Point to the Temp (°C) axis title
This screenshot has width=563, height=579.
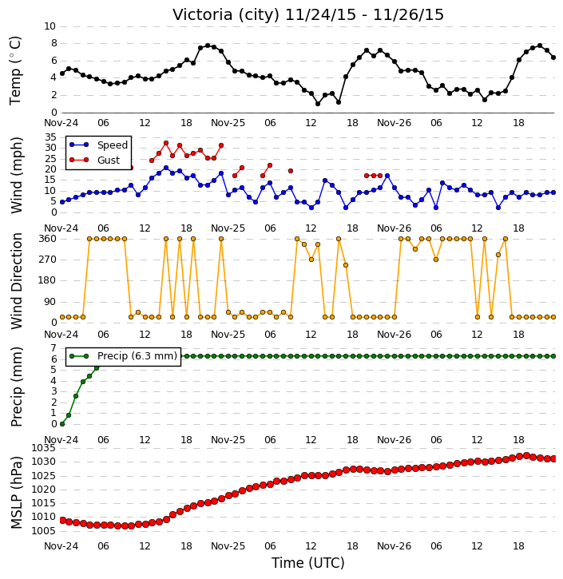pyautogui.click(x=15, y=70)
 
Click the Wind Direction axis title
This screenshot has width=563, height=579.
pyautogui.click(x=16, y=280)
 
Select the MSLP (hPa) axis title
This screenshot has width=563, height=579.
pyautogui.click(x=16, y=493)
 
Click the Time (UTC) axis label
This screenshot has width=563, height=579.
pyautogui.click(x=308, y=563)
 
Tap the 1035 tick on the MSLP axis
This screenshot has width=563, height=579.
pyautogui.click(x=44, y=448)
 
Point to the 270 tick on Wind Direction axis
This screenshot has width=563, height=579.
pyautogui.click(x=48, y=260)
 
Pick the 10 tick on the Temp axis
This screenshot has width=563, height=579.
pyautogui.click(x=50, y=26)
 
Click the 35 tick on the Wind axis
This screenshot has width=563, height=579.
pyautogui.click(x=50, y=137)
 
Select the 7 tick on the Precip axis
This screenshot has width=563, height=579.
pyautogui.click(x=54, y=348)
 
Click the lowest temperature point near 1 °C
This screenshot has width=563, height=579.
pyautogui.click(x=318, y=104)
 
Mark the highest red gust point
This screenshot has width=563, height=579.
pyautogui.click(x=166, y=143)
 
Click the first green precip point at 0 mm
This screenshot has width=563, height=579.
pyautogui.click(x=62, y=424)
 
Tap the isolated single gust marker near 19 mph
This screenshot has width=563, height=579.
pyautogui.click(x=291, y=171)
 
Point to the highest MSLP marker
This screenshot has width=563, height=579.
pyautogui.click(x=526, y=456)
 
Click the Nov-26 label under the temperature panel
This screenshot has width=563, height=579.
pyautogui.click(x=394, y=123)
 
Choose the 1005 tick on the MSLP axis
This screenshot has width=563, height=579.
pyautogui.click(x=44, y=531)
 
